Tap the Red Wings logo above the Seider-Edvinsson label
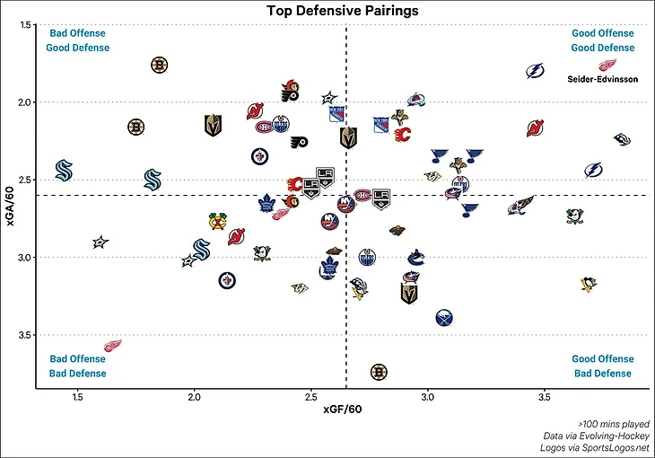tap(607, 65)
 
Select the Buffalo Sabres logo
tap(444, 318)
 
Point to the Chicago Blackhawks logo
tap(215, 221)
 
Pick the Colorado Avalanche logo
tap(415, 101)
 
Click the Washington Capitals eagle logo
tap(520, 206)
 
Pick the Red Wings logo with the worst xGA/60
tap(112, 346)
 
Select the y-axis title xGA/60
tap(11, 207)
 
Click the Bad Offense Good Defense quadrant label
tap(78, 40)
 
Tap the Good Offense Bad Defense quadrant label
tap(602, 366)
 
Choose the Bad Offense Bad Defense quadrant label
tap(78, 366)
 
